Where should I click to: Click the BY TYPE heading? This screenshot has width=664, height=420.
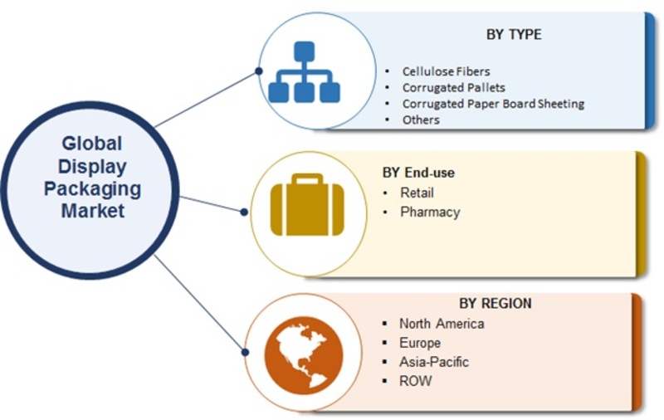pyautogui.click(x=514, y=35)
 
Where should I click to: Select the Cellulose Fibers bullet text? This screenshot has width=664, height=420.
pyautogui.click(x=446, y=71)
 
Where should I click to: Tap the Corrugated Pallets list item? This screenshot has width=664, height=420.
pyautogui.click(x=453, y=87)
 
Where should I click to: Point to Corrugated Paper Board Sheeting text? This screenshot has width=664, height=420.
pyautogui.click(x=493, y=104)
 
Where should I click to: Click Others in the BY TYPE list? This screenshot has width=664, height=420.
pyautogui.click(x=421, y=120)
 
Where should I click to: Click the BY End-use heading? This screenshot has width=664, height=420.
pyautogui.click(x=418, y=173)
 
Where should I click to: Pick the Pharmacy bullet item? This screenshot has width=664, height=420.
pyautogui.click(x=429, y=212)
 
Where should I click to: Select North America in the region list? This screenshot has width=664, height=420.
pyautogui.click(x=441, y=324)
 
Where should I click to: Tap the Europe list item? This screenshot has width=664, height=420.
pyautogui.click(x=419, y=343)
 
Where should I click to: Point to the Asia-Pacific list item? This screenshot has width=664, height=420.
pyautogui.click(x=433, y=362)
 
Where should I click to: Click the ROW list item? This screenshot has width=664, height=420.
pyautogui.click(x=415, y=381)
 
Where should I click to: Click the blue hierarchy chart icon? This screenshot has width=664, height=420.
pyautogui.click(x=305, y=72)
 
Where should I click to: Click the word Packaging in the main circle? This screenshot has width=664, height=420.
pyautogui.click(x=93, y=188)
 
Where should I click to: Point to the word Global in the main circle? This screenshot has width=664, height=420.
pyautogui.click(x=93, y=144)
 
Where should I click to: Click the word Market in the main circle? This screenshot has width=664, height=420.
pyautogui.click(x=93, y=211)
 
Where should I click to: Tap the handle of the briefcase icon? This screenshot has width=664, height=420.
pyautogui.click(x=307, y=178)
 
